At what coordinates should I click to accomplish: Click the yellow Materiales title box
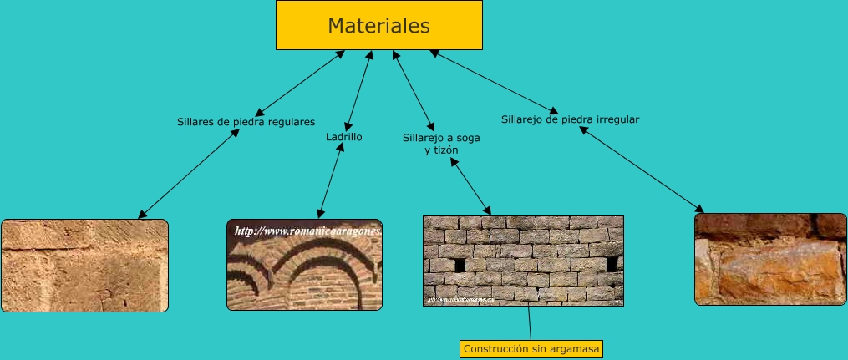(379, 25)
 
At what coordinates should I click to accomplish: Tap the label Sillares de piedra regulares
(246, 121)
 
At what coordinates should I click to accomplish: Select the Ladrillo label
(343, 136)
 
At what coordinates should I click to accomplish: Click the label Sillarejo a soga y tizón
(441, 144)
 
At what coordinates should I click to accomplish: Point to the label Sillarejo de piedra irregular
(570, 119)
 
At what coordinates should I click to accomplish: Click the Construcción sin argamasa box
(531, 348)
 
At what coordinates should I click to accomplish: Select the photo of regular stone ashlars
(84, 266)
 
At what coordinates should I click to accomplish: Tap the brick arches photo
(304, 266)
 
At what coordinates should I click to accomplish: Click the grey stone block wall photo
(523, 261)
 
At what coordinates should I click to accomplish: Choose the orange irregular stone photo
(770, 259)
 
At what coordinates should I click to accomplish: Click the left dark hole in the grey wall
(460, 265)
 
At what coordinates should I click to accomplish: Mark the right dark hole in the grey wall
(612, 263)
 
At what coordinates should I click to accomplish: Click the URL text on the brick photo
(307, 231)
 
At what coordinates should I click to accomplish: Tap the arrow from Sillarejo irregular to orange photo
(642, 168)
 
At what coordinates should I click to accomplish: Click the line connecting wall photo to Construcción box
(530, 323)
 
